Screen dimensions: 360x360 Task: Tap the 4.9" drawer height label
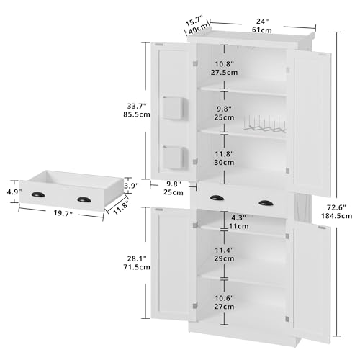[12, 192]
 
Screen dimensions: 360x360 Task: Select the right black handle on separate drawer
[84, 198]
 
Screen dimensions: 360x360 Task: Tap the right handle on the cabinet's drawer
[266, 203]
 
